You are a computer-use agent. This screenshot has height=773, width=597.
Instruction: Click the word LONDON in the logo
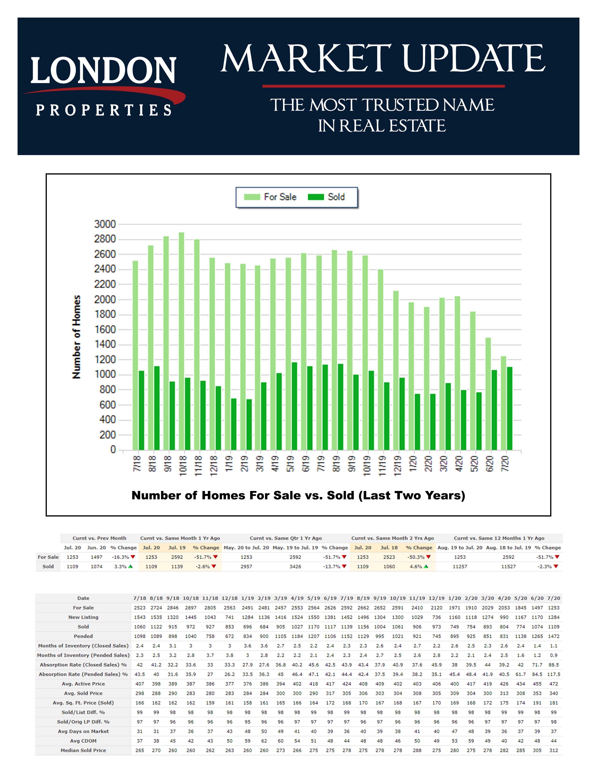103,71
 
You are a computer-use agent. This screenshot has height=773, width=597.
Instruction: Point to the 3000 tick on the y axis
105,224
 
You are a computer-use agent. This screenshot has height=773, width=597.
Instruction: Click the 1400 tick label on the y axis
105,344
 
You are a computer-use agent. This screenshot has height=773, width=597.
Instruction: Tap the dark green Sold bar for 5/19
294,407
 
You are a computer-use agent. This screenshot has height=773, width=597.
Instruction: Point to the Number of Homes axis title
76,337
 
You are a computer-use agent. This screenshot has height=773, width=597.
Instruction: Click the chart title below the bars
298,495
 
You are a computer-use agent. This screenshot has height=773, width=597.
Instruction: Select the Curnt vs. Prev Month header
99,538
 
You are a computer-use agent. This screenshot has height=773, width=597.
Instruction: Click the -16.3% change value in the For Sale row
120,557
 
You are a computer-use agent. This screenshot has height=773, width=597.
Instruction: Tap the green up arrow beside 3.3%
130,566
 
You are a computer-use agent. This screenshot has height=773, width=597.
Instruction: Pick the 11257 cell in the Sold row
460,566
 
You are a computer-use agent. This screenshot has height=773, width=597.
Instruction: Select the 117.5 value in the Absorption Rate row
553,674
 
